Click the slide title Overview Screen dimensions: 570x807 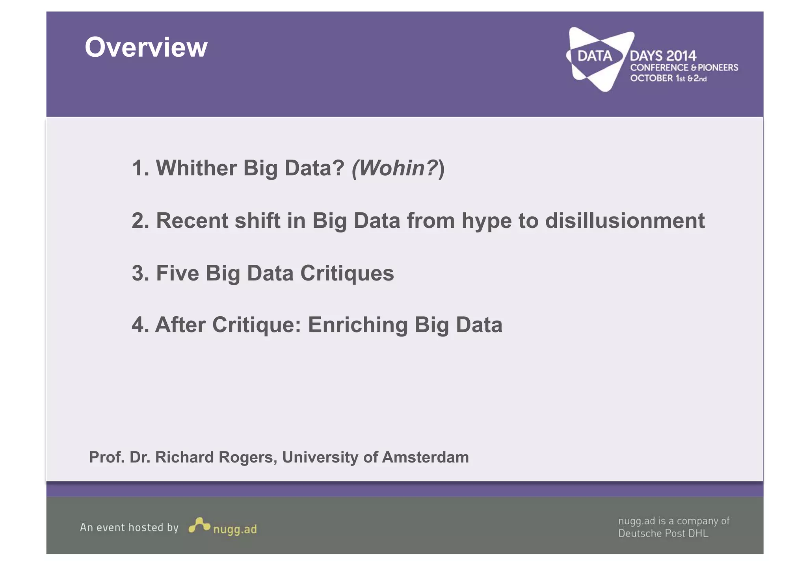pos(146,47)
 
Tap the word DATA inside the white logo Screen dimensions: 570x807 pos(595,56)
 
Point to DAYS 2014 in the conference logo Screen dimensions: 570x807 pos(663,56)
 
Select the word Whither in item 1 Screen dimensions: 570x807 pos(196,168)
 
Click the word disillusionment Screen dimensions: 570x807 pos(625,221)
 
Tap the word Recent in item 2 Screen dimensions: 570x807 pos(192,221)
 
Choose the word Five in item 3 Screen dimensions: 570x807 pos(177,273)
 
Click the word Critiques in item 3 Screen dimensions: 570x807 pos(347,274)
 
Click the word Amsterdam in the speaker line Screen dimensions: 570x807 pos(425,457)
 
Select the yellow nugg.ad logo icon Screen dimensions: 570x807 pos(199,525)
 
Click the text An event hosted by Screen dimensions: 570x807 pos(129,527)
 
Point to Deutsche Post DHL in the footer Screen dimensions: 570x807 pos(663,533)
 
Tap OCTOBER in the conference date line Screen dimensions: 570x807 pos(651,78)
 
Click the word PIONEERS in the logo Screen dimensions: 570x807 pos(718,68)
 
